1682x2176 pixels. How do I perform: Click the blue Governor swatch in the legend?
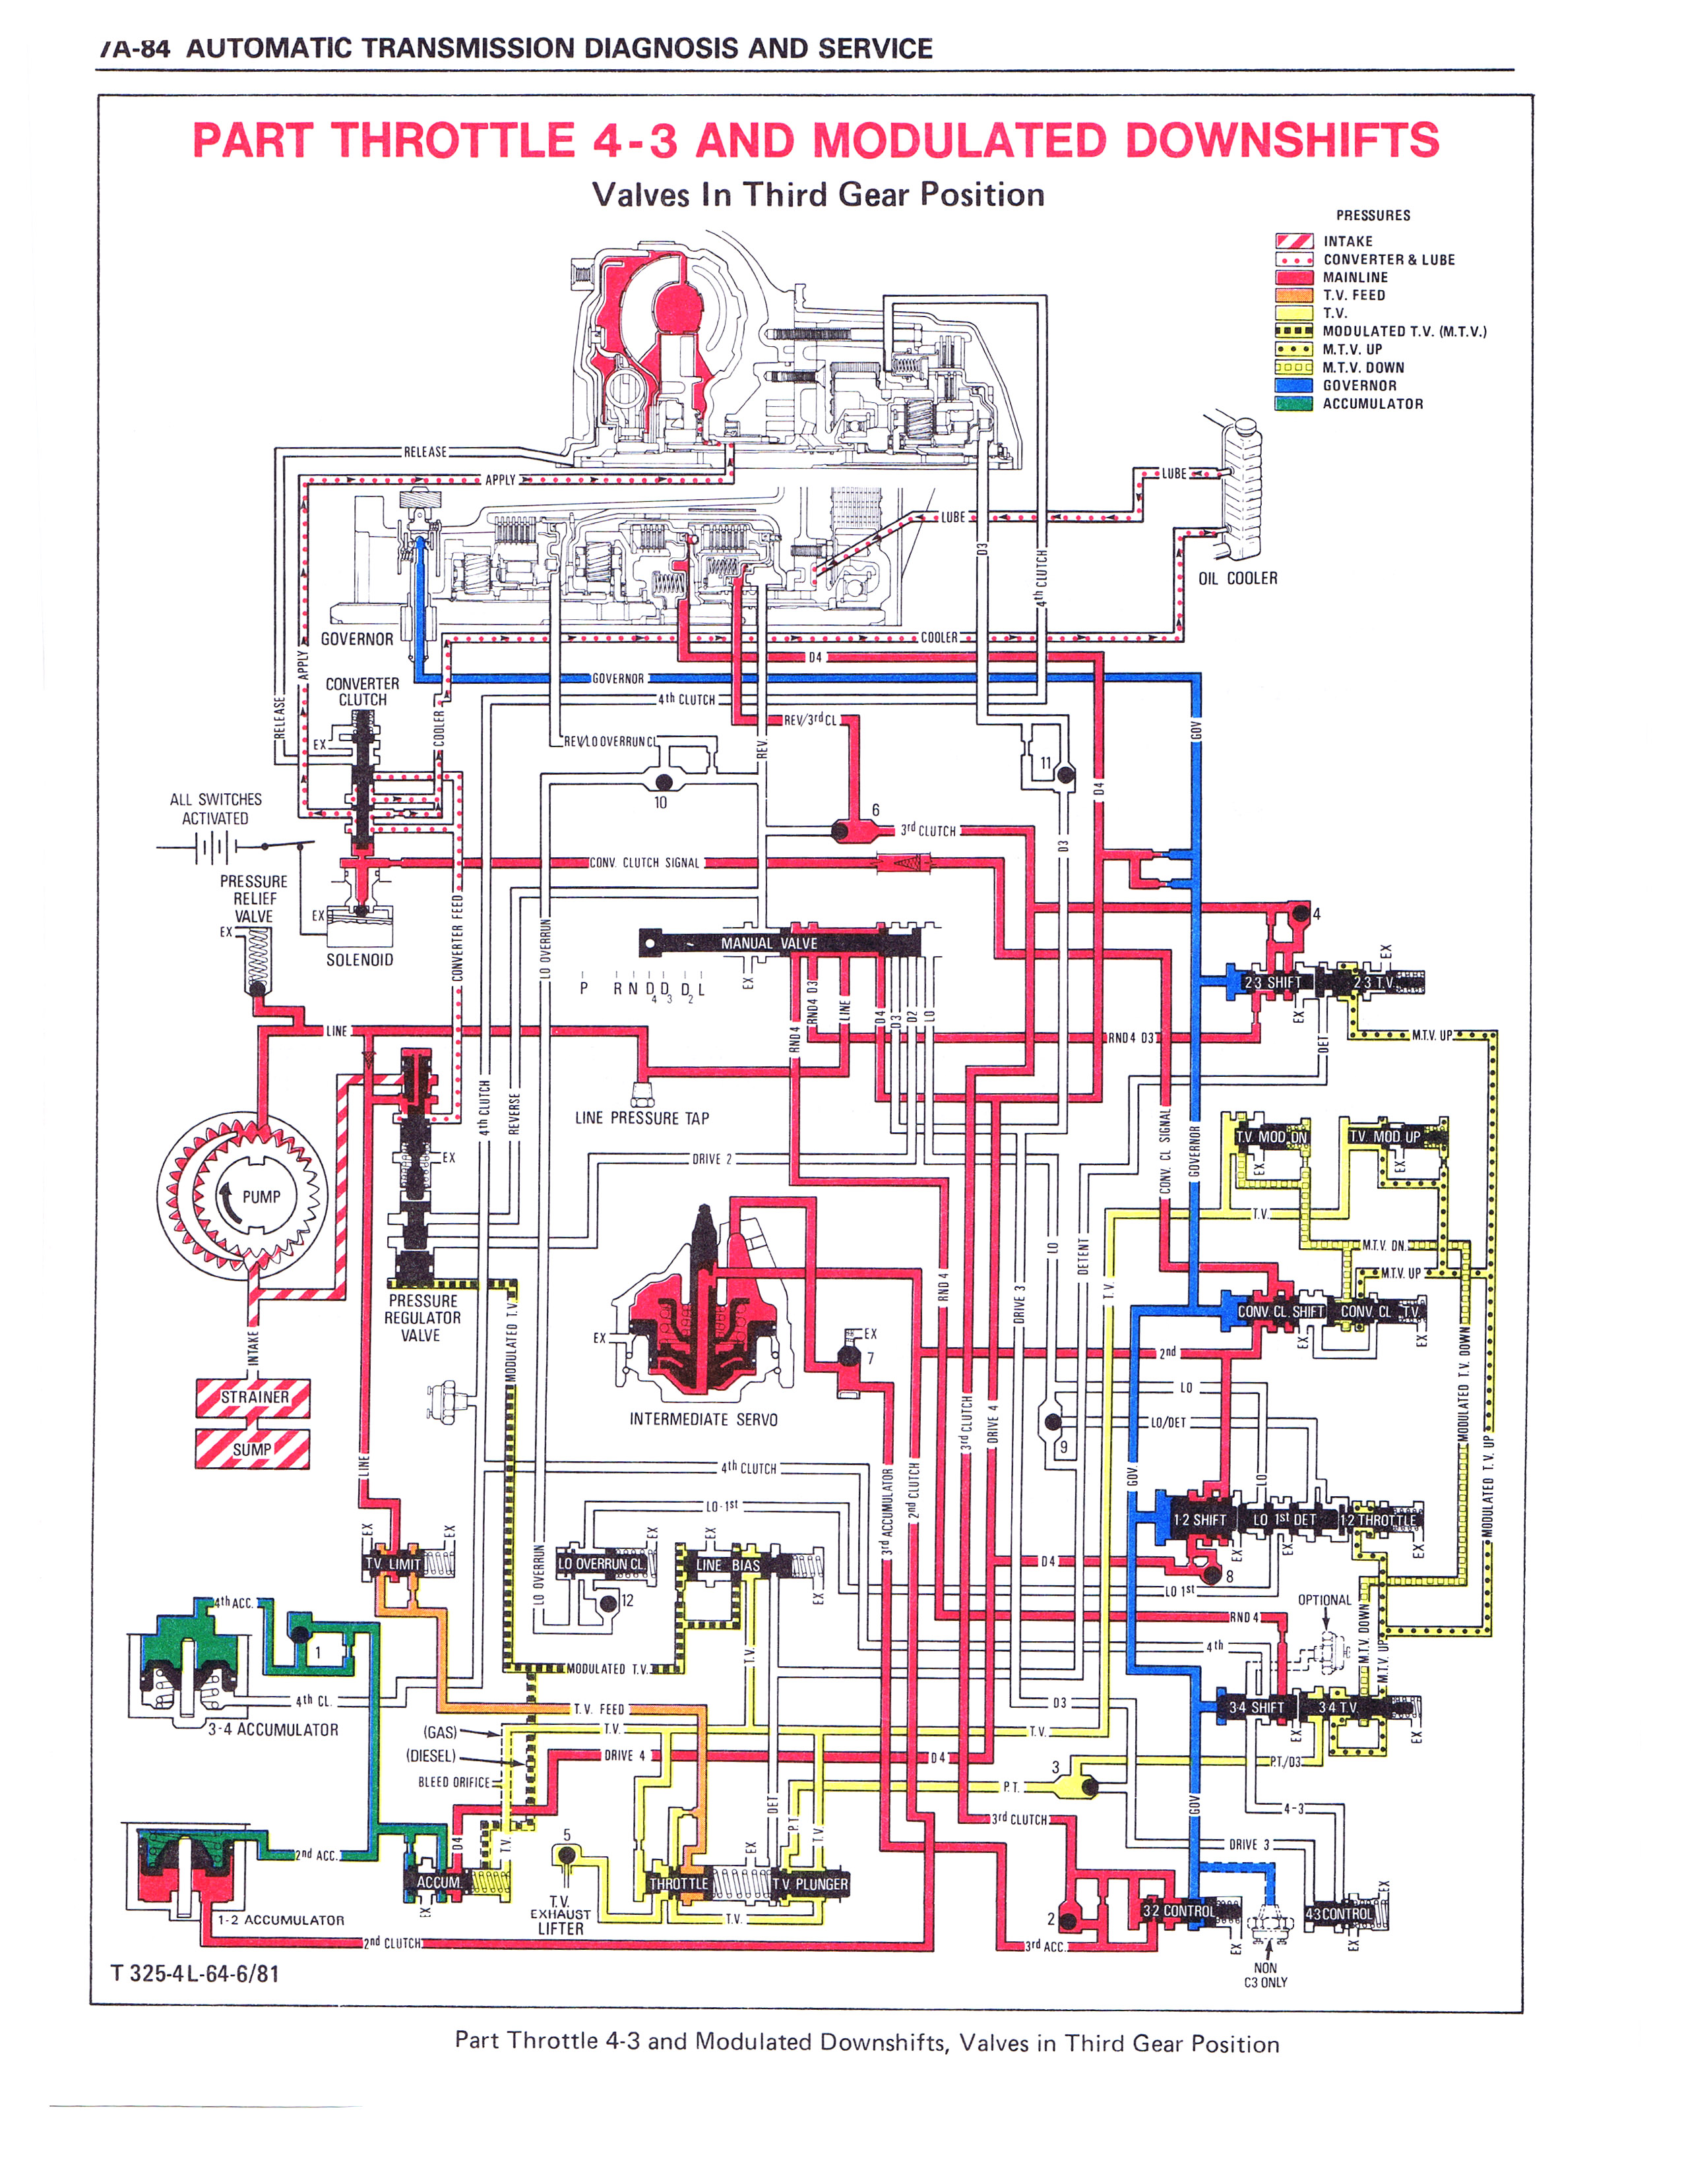click(1293, 386)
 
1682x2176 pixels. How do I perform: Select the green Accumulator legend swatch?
click(1293, 404)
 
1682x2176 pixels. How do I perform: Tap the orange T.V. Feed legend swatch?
click(1293, 295)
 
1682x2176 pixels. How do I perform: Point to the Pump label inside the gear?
click(261, 1197)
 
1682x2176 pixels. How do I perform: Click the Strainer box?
click(253, 1397)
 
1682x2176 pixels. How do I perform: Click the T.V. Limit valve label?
click(392, 1563)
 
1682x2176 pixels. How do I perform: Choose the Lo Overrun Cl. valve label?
click(601, 1563)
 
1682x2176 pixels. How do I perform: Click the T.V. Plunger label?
click(809, 1884)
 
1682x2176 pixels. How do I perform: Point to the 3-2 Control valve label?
click(1178, 1910)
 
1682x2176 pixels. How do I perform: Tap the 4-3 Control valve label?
click(1338, 1913)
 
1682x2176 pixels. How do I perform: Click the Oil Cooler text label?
click(1237, 578)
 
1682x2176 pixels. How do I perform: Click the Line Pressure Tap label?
click(642, 1118)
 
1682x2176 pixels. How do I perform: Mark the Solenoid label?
click(359, 959)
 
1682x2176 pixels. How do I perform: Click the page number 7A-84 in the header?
click(135, 49)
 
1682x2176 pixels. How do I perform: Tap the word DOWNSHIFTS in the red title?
click(1282, 140)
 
